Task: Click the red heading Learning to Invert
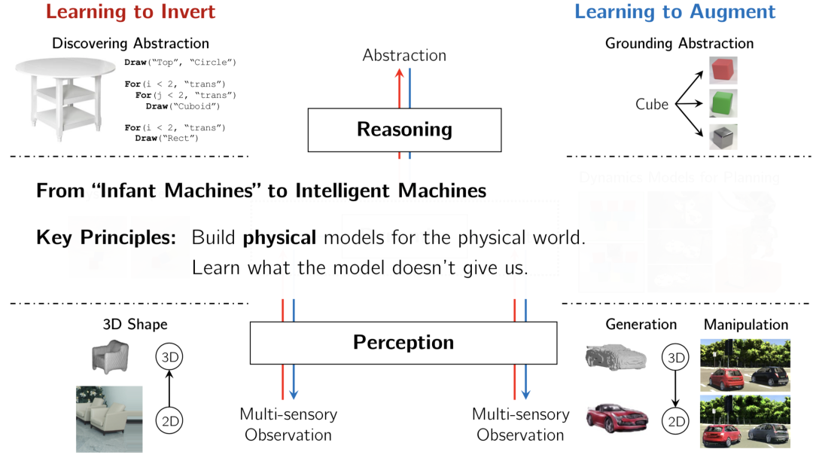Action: point(130,12)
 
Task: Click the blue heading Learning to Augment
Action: point(674,12)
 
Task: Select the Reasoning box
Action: point(404,130)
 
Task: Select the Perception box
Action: point(403,343)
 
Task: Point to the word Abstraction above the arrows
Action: point(404,55)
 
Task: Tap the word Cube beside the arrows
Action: point(652,105)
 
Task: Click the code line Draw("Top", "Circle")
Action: point(181,62)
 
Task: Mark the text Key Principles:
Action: point(106,238)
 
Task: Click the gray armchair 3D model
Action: point(110,356)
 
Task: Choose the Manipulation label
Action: point(745,325)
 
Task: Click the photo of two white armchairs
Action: point(109,418)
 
